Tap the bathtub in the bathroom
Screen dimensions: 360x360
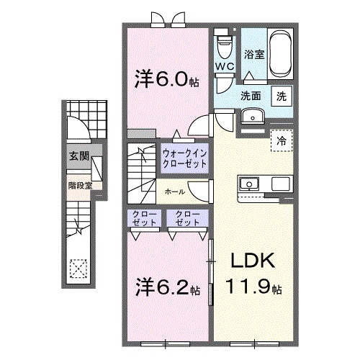(281, 54)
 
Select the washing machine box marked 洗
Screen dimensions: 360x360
(282, 96)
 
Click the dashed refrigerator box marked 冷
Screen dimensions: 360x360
(282, 140)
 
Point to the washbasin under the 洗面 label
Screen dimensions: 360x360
(252, 116)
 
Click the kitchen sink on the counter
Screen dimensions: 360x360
(249, 184)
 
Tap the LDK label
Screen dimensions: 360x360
(253, 261)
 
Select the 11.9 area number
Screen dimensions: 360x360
(253, 287)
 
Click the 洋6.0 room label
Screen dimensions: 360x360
(166, 78)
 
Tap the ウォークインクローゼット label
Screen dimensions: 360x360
(184, 158)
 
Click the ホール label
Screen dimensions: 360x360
(175, 192)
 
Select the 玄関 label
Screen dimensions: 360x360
(79, 156)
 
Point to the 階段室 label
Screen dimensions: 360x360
(80, 186)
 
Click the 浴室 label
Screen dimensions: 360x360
(254, 54)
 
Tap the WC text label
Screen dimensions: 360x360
(225, 66)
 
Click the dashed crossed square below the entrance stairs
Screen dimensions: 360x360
(78, 269)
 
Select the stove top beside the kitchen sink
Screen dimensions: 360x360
(280, 184)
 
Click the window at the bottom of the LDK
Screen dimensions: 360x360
(254, 176)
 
